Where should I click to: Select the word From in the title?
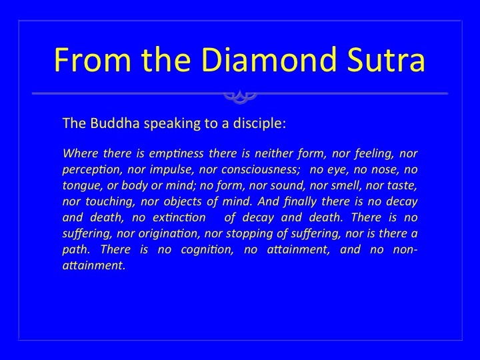pyautogui.click(x=93, y=59)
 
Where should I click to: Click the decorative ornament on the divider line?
pyautogui.click(x=240, y=96)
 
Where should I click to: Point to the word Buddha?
pyautogui.click(x=115, y=123)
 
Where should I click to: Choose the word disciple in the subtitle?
pyautogui.click(x=259, y=124)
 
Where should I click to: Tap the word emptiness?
pyautogui.click(x=176, y=153)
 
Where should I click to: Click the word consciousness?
pyautogui.click(x=261, y=169)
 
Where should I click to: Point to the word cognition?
pyautogui.click(x=207, y=250)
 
